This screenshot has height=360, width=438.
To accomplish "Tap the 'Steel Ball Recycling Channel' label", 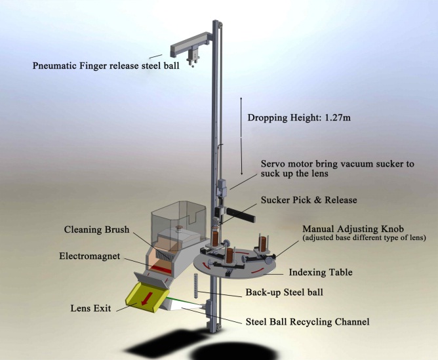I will click(x=308, y=321).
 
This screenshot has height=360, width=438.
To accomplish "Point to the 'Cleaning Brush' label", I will click(x=97, y=230).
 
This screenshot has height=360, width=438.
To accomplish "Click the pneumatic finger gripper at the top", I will click(x=191, y=52).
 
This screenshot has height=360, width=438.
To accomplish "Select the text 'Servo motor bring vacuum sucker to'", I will click(x=337, y=164).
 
